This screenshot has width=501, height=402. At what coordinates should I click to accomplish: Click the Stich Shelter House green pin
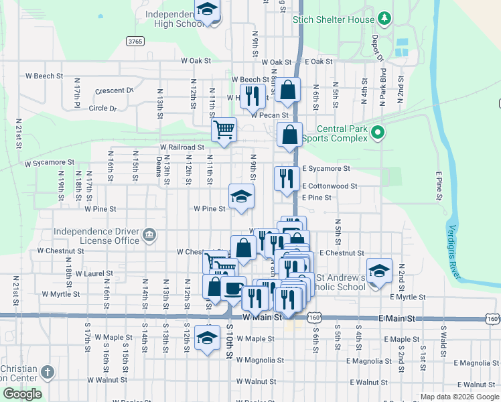[384, 17]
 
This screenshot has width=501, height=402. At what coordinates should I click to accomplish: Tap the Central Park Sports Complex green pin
[378, 133]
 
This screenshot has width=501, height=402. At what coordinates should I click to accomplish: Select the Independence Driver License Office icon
[149, 235]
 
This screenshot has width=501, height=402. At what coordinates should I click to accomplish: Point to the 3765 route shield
[135, 42]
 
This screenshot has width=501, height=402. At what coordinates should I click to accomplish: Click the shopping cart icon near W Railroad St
[224, 129]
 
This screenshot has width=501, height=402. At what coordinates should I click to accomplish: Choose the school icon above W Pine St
[242, 196]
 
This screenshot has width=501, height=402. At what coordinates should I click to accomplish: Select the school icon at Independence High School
[208, 9]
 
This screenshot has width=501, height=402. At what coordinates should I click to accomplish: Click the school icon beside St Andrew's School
[379, 271]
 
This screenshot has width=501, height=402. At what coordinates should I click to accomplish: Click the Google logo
[21, 394]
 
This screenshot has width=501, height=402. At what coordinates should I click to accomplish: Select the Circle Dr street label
[102, 108]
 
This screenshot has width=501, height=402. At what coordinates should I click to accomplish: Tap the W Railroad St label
[182, 147]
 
